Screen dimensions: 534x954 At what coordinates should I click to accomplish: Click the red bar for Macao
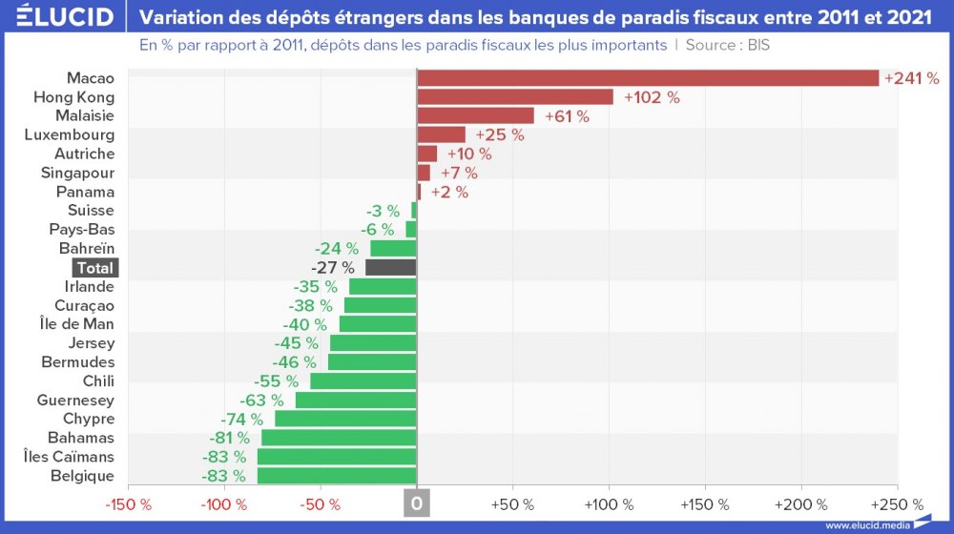tap(648, 78)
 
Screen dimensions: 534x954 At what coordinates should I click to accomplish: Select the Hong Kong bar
tap(515, 97)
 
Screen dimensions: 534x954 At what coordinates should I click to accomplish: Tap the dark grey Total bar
tap(391, 268)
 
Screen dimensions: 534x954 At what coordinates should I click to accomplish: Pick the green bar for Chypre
tap(345, 419)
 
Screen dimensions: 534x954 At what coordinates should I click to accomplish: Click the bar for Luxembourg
tap(441, 134)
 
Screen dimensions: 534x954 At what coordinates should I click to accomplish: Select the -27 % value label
tap(333, 268)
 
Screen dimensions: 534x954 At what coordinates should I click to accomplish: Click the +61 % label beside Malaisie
tap(567, 116)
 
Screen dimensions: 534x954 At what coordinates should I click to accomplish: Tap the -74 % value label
tap(241, 419)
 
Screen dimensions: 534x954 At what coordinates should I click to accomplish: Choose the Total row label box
tap(94, 268)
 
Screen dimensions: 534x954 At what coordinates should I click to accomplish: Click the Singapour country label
tap(77, 173)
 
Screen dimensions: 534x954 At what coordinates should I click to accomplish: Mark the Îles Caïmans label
tap(69, 457)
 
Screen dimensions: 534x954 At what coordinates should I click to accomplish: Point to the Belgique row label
tap(82, 476)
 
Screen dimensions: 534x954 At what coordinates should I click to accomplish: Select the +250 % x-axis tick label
tap(897, 503)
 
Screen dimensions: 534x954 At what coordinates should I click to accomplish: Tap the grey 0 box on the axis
tap(417, 503)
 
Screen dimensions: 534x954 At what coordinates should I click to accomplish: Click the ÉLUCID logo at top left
tap(64, 17)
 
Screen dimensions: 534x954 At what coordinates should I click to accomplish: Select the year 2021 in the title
tap(908, 17)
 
